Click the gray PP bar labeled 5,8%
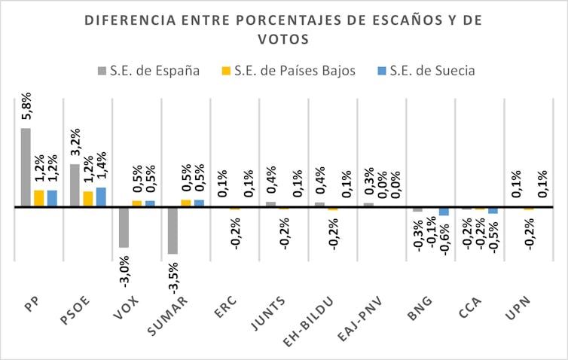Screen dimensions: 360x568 click(x=26, y=167)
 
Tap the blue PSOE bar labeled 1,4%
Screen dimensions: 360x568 click(x=101, y=197)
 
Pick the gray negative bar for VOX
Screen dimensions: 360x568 click(x=124, y=227)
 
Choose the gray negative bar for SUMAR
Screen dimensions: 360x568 click(x=173, y=230)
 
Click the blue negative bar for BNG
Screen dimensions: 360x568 click(x=444, y=212)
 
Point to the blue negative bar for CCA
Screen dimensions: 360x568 click(x=493, y=210)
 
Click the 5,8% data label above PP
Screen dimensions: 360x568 click(x=26, y=108)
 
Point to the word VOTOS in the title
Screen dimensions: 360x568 click(x=284, y=38)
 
